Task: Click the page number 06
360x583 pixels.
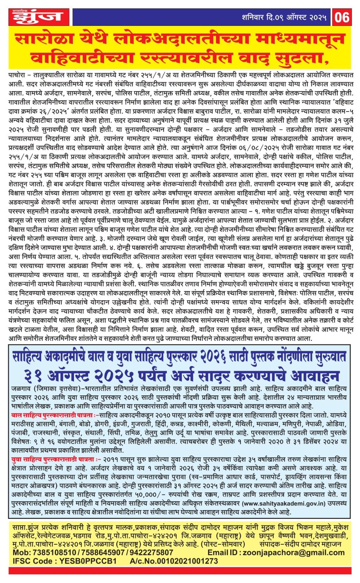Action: tap(343, 17)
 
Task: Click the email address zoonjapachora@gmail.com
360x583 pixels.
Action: tap(295, 552)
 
